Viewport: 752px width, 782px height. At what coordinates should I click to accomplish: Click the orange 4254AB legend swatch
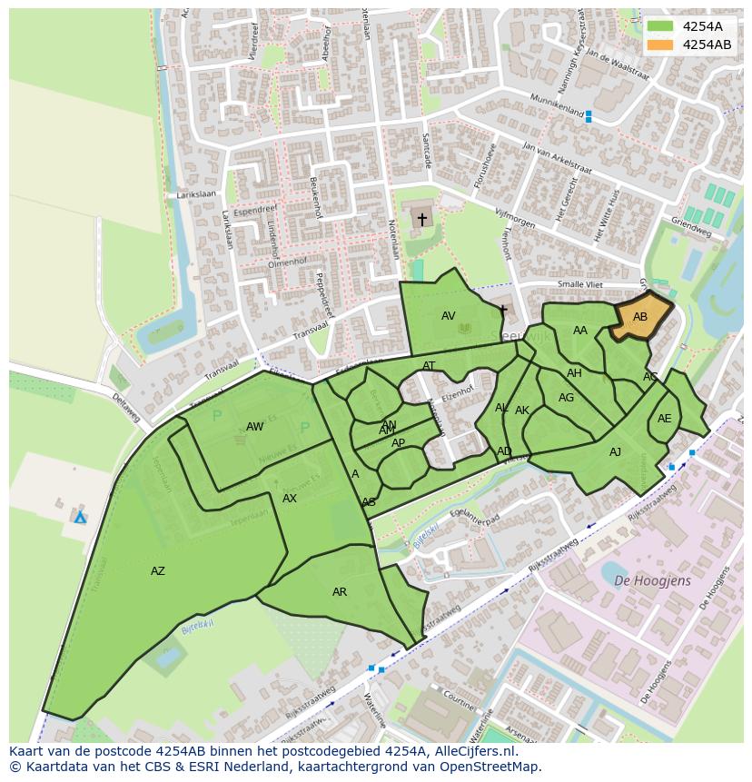click(660, 45)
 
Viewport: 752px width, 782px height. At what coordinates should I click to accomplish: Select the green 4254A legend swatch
click(660, 26)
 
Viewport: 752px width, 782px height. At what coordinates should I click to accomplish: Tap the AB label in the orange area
click(640, 317)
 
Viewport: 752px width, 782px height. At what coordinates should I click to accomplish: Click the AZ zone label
click(158, 571)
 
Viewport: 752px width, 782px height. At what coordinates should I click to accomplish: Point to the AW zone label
click(254, 427)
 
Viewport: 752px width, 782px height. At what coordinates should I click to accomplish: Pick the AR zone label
click(340, 592)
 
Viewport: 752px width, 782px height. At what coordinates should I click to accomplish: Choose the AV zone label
click(448, 316)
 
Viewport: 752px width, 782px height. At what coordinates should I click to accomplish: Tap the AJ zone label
click(615, 452)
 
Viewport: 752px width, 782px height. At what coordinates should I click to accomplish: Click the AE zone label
click(664, 419)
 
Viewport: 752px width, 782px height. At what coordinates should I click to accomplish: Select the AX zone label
click(290, 499)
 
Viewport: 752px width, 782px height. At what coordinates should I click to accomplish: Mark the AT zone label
click(429, 366)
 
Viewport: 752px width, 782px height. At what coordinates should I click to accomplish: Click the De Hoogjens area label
click(652, 580)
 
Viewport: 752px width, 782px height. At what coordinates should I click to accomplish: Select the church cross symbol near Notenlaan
click(421, 219)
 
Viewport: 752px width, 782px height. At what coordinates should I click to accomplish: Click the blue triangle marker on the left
click(80, 518)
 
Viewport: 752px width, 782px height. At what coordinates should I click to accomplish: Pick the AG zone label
click(566, 398)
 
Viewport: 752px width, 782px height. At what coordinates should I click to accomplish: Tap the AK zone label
click(521, 411)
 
